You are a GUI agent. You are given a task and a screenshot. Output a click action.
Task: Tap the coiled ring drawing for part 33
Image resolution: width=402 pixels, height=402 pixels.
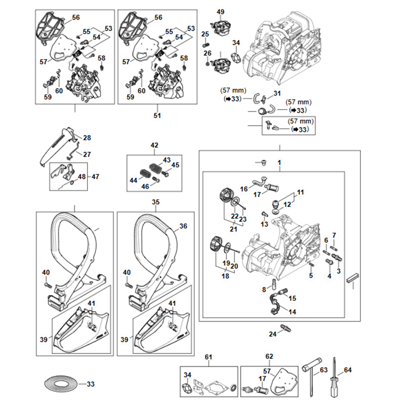click(x=60, y=384)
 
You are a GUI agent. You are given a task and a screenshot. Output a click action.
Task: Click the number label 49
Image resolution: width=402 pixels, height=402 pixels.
click(x=221, y=12)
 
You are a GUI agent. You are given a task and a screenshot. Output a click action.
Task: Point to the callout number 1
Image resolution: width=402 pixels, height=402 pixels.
click(x=279, y=163)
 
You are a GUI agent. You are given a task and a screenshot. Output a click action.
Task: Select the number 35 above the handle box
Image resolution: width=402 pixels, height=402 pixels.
click(x=156, y=202)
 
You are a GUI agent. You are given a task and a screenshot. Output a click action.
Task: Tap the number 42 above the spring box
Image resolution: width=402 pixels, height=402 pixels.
click(x=154, y=145)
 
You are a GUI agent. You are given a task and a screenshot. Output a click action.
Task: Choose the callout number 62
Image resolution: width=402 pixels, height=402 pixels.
click(x=269, y=357)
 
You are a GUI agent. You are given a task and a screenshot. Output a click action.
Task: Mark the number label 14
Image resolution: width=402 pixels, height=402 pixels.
click(x=292, y=312)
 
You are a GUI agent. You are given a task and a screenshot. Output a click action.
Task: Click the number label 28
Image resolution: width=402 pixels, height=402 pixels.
click(x=87, y=138)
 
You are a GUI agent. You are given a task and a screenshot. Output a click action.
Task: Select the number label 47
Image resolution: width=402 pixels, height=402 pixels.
click(x=95, y=176)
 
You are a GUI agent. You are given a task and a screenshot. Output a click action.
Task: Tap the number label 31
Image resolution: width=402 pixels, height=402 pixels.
click(x=277, y=93)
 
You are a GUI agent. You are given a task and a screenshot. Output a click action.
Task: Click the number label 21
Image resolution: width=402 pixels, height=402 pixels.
click(x=233, y=229)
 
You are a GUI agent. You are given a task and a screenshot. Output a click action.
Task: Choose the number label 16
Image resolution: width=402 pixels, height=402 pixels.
click(x=244, y=189)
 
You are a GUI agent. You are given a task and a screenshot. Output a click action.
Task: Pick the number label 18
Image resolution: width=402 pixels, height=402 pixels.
click(x=225, y=276)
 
